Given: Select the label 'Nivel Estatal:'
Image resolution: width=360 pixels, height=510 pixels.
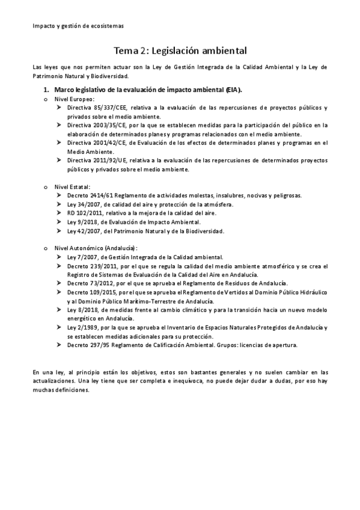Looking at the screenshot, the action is click(73, 187).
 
